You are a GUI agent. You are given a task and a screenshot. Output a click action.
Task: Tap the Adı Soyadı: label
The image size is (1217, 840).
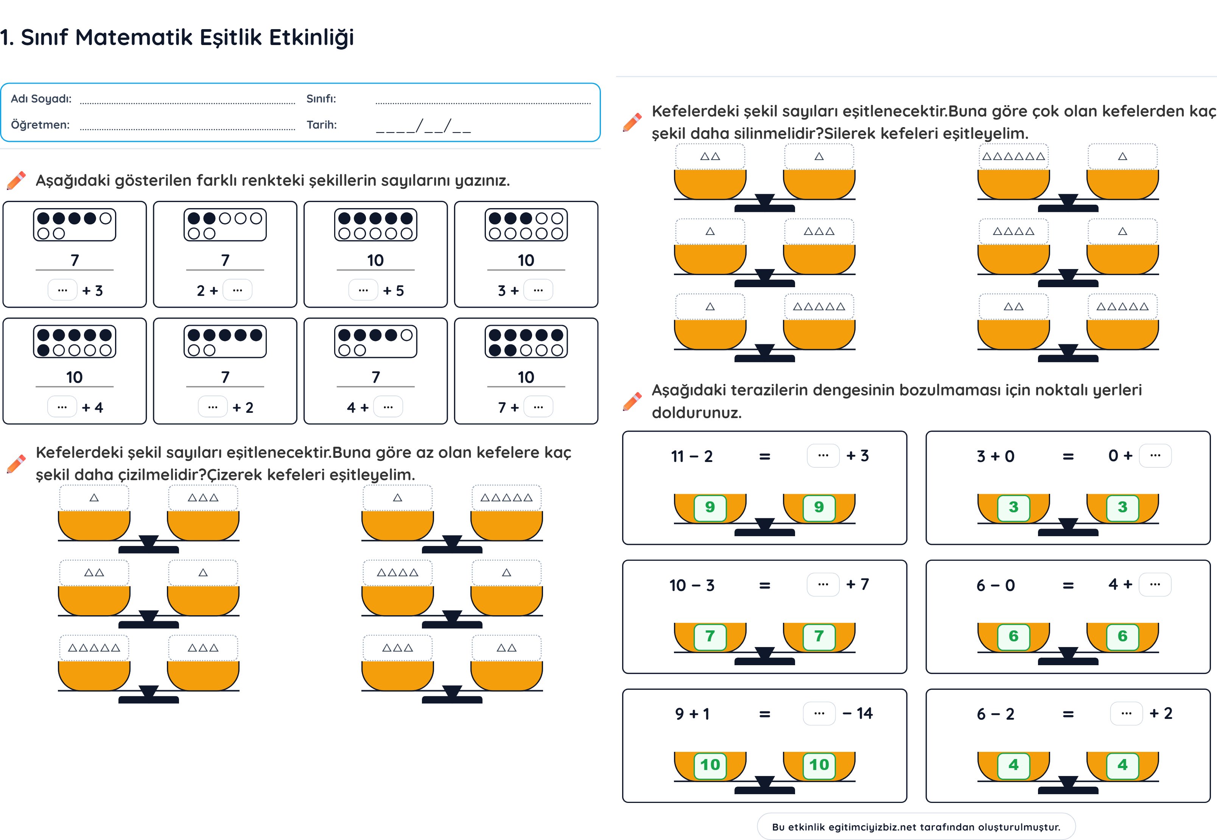pos(41,99)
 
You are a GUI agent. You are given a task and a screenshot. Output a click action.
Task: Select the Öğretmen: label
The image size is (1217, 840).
pos(40,125)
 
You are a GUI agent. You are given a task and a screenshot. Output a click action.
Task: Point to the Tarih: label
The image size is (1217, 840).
pos(322,125)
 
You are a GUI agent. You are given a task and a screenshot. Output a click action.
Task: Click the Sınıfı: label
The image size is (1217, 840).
pos(321,99)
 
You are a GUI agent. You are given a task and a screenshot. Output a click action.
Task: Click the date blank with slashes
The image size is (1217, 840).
pos(423,126)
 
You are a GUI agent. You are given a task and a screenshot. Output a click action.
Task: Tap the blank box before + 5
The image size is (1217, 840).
pos(363,290)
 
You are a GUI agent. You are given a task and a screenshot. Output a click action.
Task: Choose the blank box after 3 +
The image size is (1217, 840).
pos(538,290)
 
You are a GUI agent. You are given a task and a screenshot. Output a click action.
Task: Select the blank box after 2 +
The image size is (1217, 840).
pos(237,290)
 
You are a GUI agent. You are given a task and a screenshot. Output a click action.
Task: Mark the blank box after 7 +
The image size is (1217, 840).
pos(538,407)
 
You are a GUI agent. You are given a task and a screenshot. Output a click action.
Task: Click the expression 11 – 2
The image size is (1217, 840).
pos(692,456)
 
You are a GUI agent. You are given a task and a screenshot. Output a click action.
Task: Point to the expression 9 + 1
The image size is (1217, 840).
pos(692,714)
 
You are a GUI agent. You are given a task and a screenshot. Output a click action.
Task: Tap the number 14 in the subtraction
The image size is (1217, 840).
pos(864,714)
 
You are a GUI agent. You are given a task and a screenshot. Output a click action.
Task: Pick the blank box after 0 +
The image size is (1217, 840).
pos(1155,456)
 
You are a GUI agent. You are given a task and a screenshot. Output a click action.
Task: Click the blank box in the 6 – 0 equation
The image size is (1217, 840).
pos(1155,585)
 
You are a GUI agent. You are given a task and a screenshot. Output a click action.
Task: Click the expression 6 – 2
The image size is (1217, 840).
pos(995,714)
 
